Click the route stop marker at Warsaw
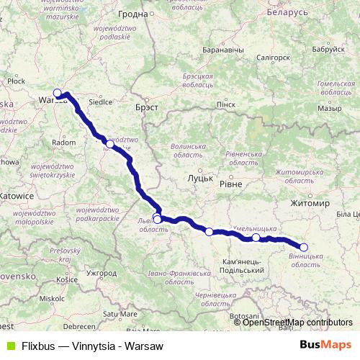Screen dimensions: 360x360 tap(58, 93)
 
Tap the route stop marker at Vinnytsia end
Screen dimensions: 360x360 tap(304, 247)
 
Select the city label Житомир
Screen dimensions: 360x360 tap(310, 204)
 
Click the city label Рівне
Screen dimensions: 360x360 tap(230, 184)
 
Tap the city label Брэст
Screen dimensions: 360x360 tap(146, 107)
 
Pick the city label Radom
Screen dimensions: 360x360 tap(64, 143)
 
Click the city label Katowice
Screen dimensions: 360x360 tap(17, 195)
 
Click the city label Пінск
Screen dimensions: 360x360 tap(225, 104)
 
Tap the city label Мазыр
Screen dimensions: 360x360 tap(329, 108)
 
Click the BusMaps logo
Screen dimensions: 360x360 tap(325, 344)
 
